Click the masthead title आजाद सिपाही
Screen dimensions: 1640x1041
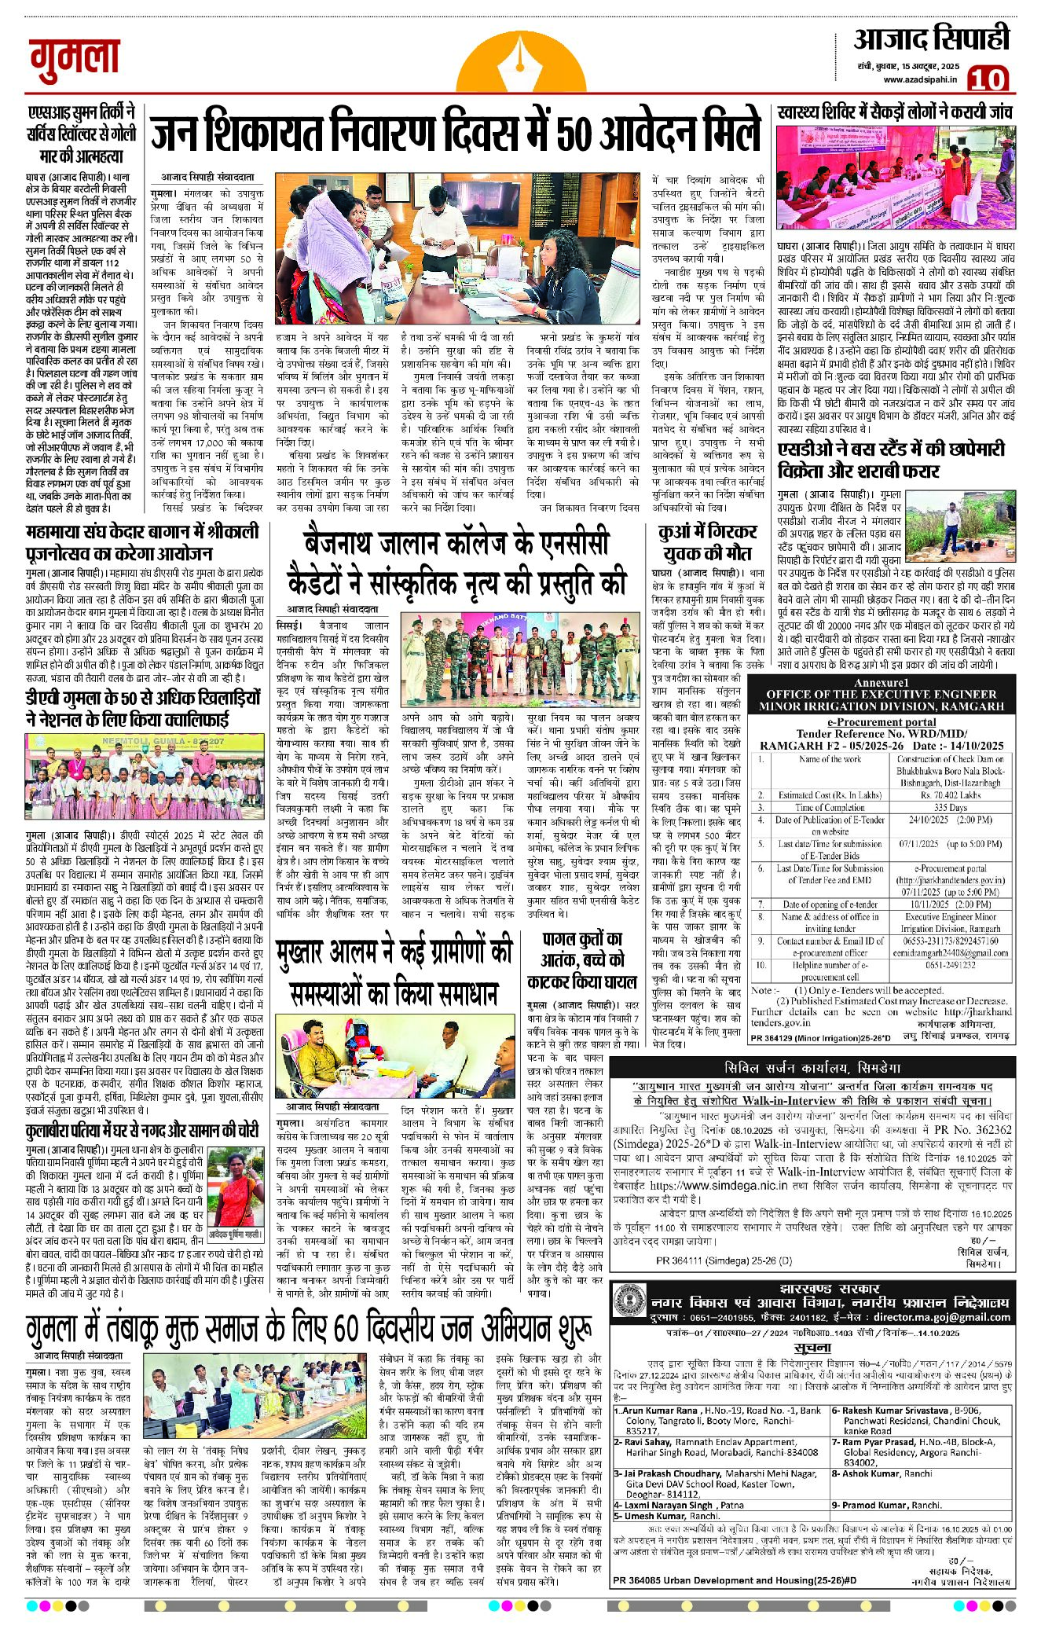(931, 39)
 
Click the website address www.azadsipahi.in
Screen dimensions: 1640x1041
(920, 79)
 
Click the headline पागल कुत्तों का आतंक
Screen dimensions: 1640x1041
(583, 959)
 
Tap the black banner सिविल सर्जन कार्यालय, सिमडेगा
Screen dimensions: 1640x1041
(812, 1067)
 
